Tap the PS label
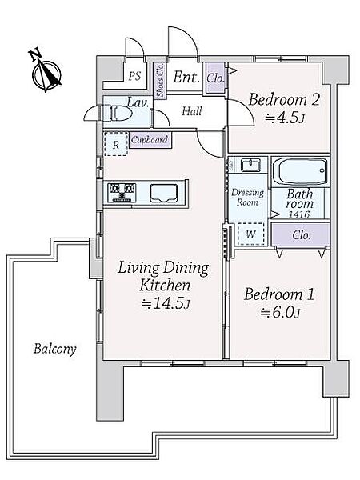(x=134, y=76)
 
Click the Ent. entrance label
(x=186, y=77)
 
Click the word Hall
(x=192, y=111)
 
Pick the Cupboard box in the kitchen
(x=150, y=140)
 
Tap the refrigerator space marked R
(x=116, y=144)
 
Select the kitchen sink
(x=164, y=193)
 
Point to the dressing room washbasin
(x=250, y=166)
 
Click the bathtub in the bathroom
(x=300, y=171)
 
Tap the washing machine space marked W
(x=251, y=234)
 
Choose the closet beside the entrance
(x=216, y=78)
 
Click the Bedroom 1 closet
(x=301, y=234)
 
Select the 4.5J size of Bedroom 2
(x=285, y=118)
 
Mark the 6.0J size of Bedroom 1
(x=280, y=313)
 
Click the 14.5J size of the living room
(x=166, y=303)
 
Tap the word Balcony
(x=55, y=349)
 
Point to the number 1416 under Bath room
(x=299, y=214)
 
